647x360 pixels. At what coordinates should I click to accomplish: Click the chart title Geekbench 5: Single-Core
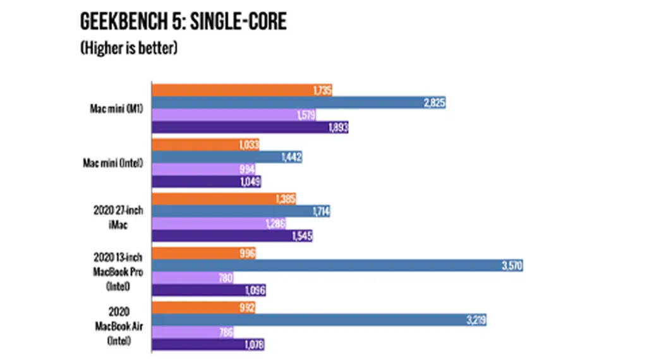point(183,21)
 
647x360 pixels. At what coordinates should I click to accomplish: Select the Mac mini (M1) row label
point(116,109)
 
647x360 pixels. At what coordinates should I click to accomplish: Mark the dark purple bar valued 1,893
point(250,127)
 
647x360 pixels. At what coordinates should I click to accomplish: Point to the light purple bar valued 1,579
point(234,115)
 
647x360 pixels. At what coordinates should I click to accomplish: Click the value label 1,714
point(318,212)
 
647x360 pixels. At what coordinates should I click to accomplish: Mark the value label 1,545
point(301,236)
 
